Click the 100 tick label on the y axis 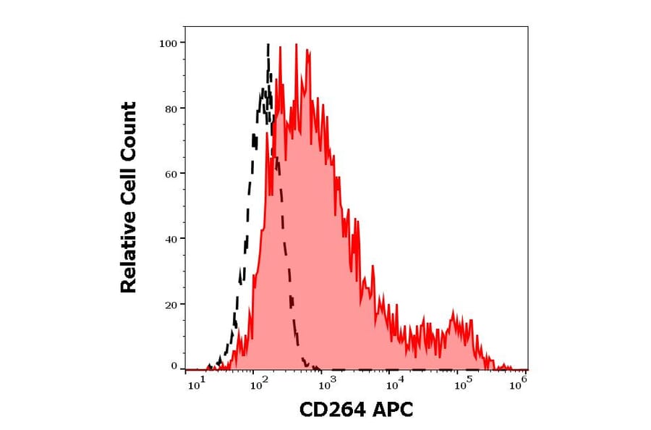click(x=168, y=43)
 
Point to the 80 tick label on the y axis click(x=171, y=109)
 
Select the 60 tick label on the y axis click(x=171, y=174)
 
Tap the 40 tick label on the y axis click(x=171, y=239)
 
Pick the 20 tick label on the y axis click(x=171, y=304)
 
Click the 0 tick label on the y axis click(x=174, y=366)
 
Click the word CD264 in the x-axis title click(x=333, y=410)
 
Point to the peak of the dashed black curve click(x=268, y=45)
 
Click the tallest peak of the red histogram click(x=296, y=45)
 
